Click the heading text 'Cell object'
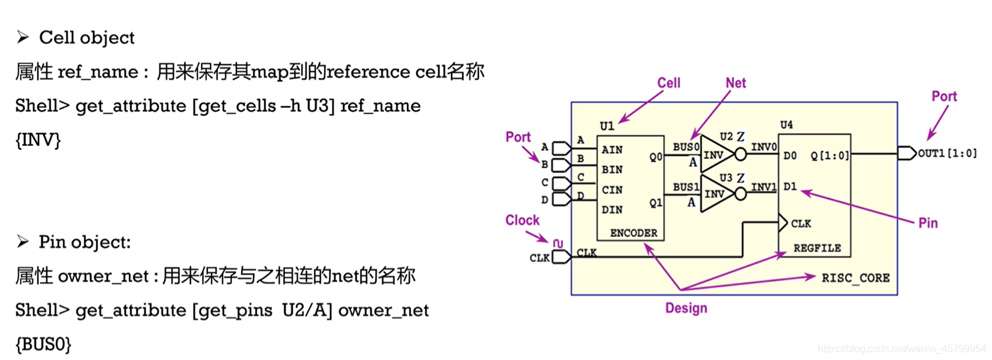[86, 38]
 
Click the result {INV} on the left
[38, 140]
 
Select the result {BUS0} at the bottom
[43, 344]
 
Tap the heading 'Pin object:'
[84, 242]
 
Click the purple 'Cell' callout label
[668, 83]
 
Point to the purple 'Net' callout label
[735, 83]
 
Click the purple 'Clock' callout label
[522, 220]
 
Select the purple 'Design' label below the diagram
[686, 308]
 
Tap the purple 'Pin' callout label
[927, 223]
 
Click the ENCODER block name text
[633, 233]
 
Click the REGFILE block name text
[816, 248]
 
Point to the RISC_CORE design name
[856, 278]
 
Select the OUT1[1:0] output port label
[947, 153]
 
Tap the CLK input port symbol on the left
[560, 256]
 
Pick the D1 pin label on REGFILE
[789, 186]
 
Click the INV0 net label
[763, 147]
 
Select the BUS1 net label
[686, 187]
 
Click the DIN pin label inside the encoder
[612, 210]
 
